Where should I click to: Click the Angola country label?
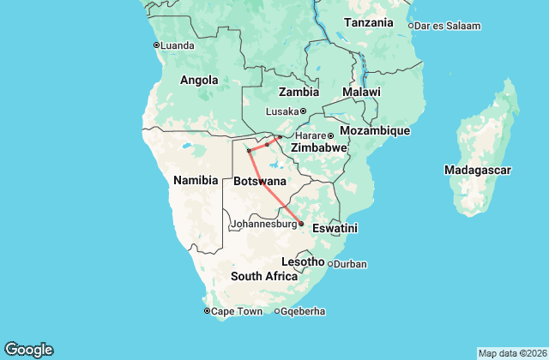coord(199,80)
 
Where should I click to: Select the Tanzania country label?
coord(368,21)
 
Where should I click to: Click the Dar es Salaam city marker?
coord(411,26)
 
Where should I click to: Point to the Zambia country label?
coord(299,92)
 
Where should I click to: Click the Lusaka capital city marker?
coord(303,111)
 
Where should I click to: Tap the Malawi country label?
coord(360,92)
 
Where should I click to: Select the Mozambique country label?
coord(374,131)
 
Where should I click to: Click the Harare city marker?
coord(330,135)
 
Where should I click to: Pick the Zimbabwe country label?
coord(318,148)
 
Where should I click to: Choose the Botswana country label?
coord(260,181)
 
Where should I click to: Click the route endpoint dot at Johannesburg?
coord(301,224)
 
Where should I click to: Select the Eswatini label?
coord(335,229)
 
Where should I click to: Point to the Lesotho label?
coord(303,261)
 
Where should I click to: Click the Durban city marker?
coord(330,264)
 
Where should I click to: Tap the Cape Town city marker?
coord(207,311)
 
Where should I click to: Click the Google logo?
coord(29,350)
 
